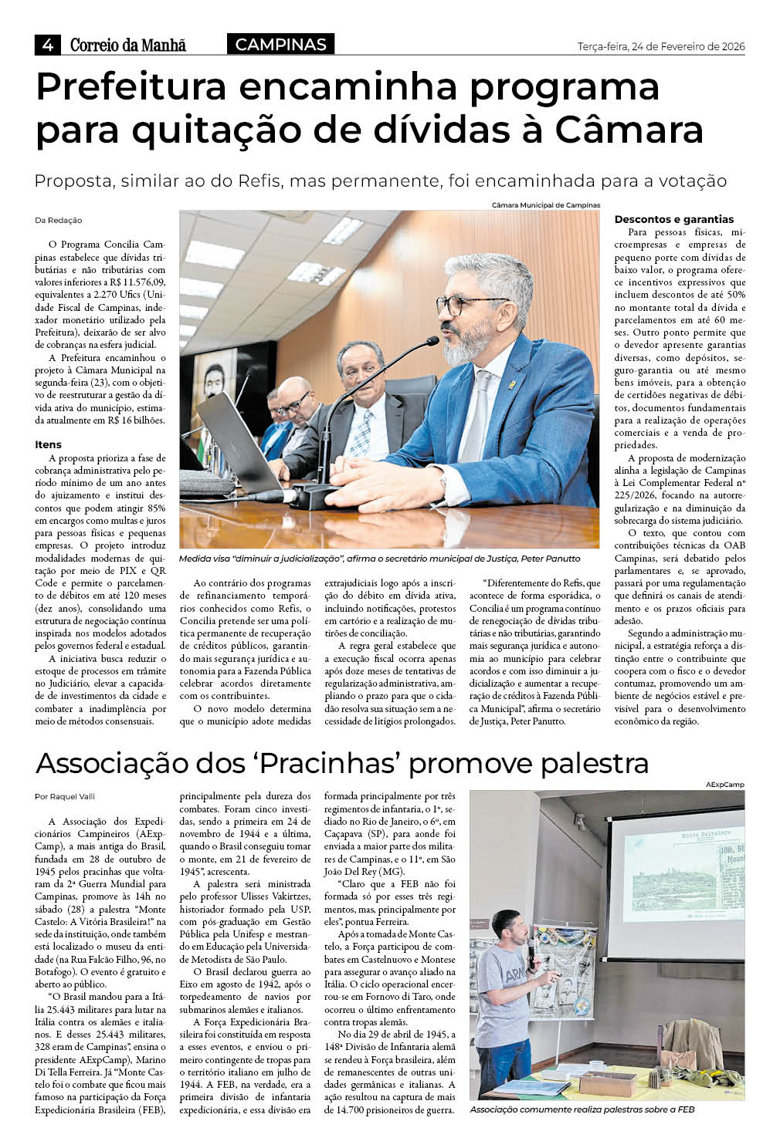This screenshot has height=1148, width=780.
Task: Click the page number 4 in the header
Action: pyautogui.click(x=48, y=46)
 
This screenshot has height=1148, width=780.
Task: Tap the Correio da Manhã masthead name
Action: pyautogui.click(x=128, y=46)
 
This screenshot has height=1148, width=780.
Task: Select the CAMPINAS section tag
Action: pyautogui.click(x=280, y=45)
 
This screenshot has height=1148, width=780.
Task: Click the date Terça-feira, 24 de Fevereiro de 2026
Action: pyautogui.click(x=661, y=46)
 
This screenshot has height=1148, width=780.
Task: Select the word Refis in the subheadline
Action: pyautogui.click(x=258, y=181)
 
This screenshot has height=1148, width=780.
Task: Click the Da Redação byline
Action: pyautogui.click(x=59, y=221)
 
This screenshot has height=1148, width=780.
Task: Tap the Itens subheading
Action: pyautogui.click(x=48, y=444)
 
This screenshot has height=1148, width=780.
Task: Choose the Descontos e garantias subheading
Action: pyautogui.click(x=674, y=219)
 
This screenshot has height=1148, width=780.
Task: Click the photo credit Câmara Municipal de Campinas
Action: pyautogui.click(x=545, y=205)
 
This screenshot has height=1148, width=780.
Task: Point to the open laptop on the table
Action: pyautogui.click(x=232, y=440)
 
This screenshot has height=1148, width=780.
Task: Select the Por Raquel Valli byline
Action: pyautogui.click(x=65, y=796)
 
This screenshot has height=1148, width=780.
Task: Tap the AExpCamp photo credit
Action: pyautogui.click(x=725, y=785)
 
